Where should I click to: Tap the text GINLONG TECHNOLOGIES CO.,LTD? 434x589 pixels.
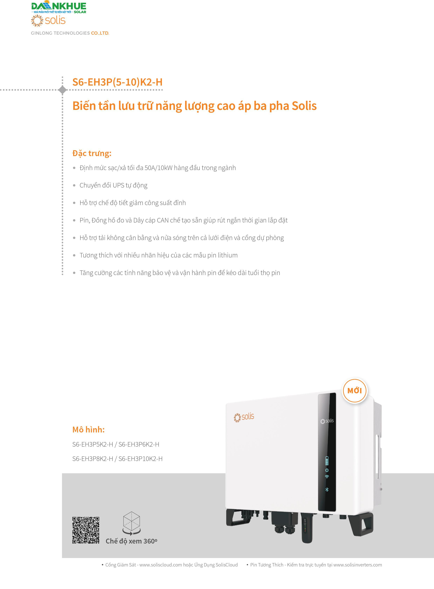[x=70, y=33]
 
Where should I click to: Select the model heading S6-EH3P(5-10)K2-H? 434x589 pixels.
[x=117, y=82]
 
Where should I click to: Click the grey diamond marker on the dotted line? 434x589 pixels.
[x=62, y=90]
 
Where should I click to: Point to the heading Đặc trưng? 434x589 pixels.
[x=92, y=153]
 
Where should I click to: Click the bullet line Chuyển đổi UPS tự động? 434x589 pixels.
[x=114, y=185]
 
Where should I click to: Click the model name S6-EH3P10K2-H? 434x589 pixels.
[x=140, y=459]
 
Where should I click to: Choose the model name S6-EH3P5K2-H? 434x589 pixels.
[x=93, y=444]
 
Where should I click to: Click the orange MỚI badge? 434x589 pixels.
[x=354, y=391]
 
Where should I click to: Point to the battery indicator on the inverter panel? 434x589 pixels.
[x=327, y=461]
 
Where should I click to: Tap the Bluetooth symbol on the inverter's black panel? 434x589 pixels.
[x=327, y=489]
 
